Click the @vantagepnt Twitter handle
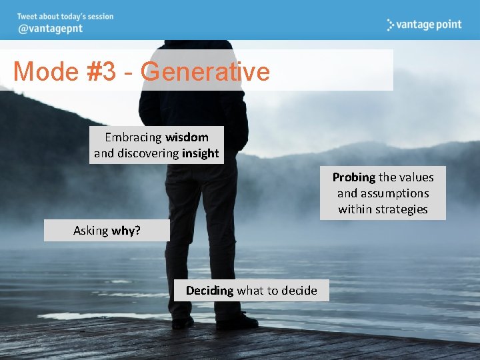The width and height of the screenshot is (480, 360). click(x=51, y=29)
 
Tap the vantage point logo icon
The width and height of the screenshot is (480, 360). click(x=391, y=25)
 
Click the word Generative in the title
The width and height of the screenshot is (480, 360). click(x=205, y=71)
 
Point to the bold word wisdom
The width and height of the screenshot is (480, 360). click(x=187, y=137)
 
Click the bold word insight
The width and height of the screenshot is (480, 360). click(x=200, y=153)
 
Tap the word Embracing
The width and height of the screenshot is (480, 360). click(x=133, y=137)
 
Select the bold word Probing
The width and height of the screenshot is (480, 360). click(x=354, y=177)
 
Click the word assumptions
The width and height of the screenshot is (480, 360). click(x=394, y=193)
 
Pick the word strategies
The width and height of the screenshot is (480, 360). click(x=402, y=209)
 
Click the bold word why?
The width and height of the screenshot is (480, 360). click(x=126, y=231)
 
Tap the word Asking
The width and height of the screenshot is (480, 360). click(x=91, y=231)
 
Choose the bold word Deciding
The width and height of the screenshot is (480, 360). click(x=209, y=291)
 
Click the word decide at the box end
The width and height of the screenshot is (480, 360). click(x=299, y=291)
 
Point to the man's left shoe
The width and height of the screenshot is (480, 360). click(x=237, y=321)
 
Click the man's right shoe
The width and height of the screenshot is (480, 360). click(x=182, y=322)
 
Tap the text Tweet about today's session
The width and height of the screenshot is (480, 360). click(x=65, y=16)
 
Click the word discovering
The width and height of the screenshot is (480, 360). click(x=147, y=153)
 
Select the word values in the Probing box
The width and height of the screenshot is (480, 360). click(x=415, y=177)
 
